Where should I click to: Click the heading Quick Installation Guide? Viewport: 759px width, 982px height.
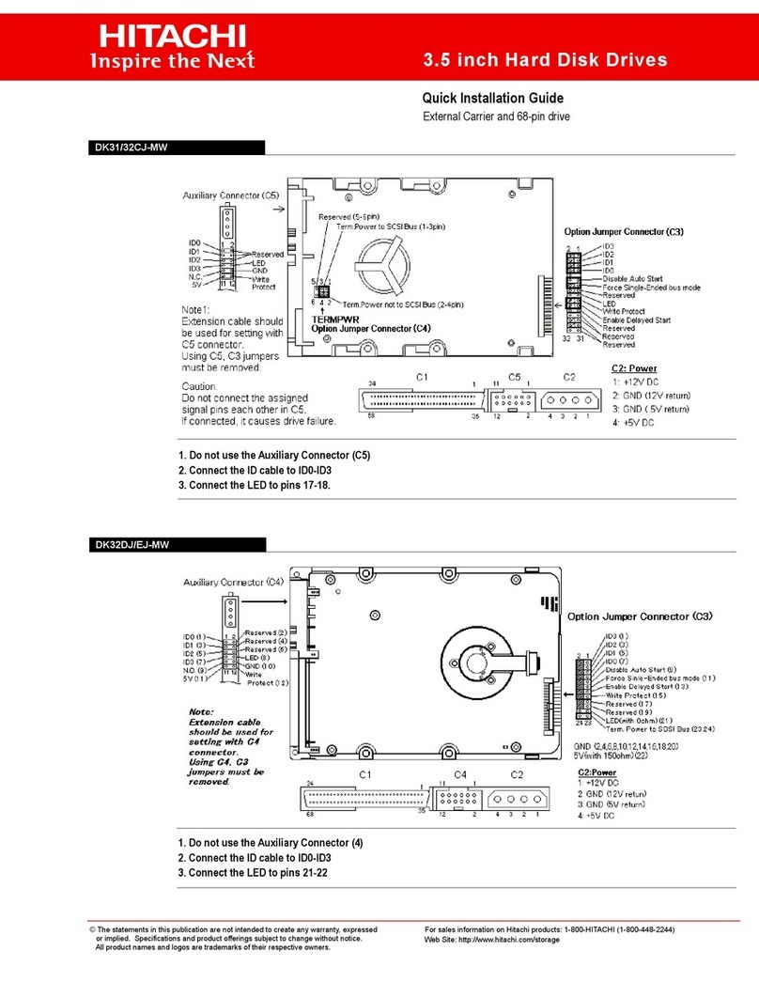492,98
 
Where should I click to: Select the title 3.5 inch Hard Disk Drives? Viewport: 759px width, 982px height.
547,60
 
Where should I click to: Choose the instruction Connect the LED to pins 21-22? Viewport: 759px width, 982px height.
253,872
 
